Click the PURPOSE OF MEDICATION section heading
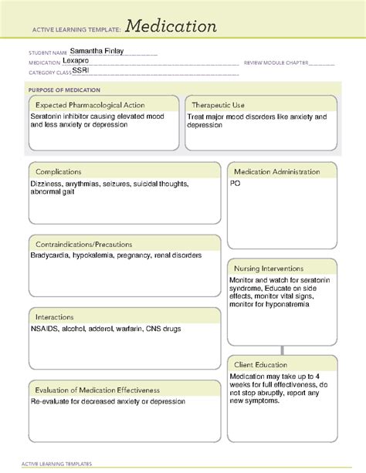pos(61,90)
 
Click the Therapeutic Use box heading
pos(219,105)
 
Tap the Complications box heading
pos(59,171)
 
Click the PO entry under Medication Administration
pos(235,184)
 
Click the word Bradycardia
pos(50,255)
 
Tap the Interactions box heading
pos(54,316)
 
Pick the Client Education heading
pos(260,364)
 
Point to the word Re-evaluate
pos(52,401)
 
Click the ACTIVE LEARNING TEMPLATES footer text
pos(58,464)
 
